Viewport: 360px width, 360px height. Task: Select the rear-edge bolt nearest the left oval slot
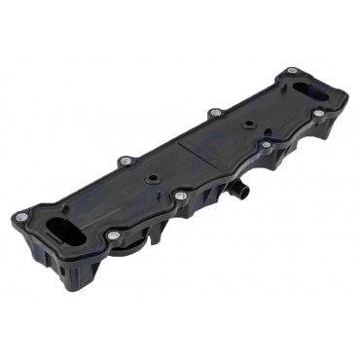124,161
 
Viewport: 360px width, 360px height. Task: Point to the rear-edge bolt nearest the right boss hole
215,113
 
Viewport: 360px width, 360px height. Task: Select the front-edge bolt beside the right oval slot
318,113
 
